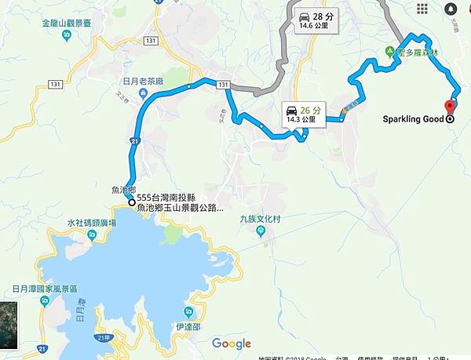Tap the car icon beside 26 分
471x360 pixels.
pyautogui.click(x=293, y=110)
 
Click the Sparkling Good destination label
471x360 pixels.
pyautogui.click(x=411, y=120)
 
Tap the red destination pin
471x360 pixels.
pyautogui.click(x=450, y=107)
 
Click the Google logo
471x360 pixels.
pyautogui.click(x=232, y=344)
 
